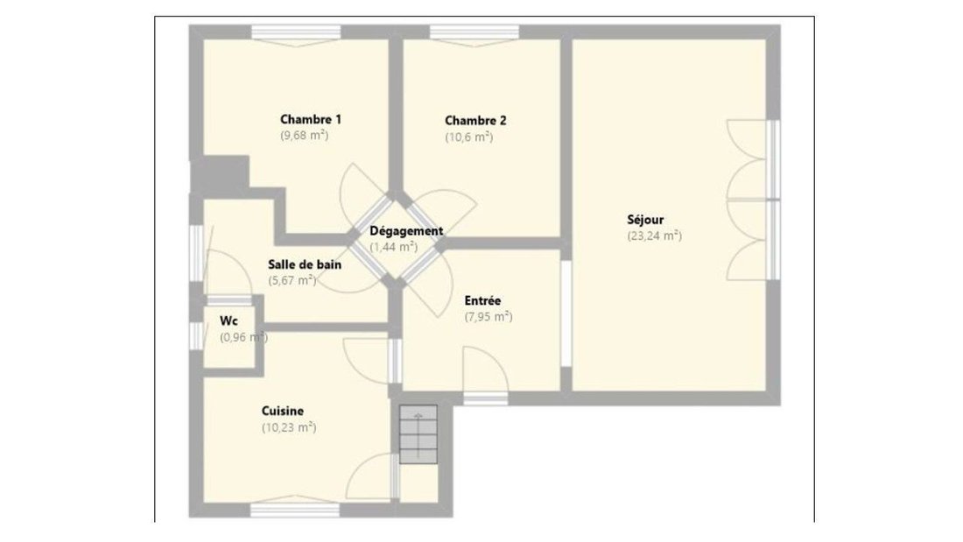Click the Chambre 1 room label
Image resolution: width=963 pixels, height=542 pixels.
pos(311,119)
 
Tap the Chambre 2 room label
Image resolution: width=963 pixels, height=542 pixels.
pos(475,121)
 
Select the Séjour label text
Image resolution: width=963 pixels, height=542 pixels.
pos(645,220)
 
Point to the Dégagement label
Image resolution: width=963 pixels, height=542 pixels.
pos(406,232)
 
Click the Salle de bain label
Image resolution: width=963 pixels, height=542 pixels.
pos(305,264)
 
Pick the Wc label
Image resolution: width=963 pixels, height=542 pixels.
pos(228,320)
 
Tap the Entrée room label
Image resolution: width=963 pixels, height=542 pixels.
pos(482,300)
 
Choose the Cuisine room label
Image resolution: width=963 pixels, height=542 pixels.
pos(283,411)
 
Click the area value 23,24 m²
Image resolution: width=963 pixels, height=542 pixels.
pos(654,236)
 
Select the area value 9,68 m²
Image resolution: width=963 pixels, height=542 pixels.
pos(304,135)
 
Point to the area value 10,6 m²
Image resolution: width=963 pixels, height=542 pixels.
pos(468,137)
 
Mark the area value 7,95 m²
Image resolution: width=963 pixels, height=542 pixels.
pos(489,316)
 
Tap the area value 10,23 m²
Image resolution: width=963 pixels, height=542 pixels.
pos(289,427)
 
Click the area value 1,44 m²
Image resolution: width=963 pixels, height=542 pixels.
pos(393,247)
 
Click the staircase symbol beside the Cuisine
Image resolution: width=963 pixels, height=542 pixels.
pos(418,434)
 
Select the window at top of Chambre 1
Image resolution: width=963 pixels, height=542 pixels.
pos(296,32)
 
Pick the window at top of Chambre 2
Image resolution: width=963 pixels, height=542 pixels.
pos(474,32)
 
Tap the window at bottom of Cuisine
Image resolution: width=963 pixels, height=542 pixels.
pos(295,510)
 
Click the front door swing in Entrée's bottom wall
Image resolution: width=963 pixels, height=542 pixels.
pos(485,369)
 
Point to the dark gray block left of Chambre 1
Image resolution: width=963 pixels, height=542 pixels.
pos(220,175)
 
